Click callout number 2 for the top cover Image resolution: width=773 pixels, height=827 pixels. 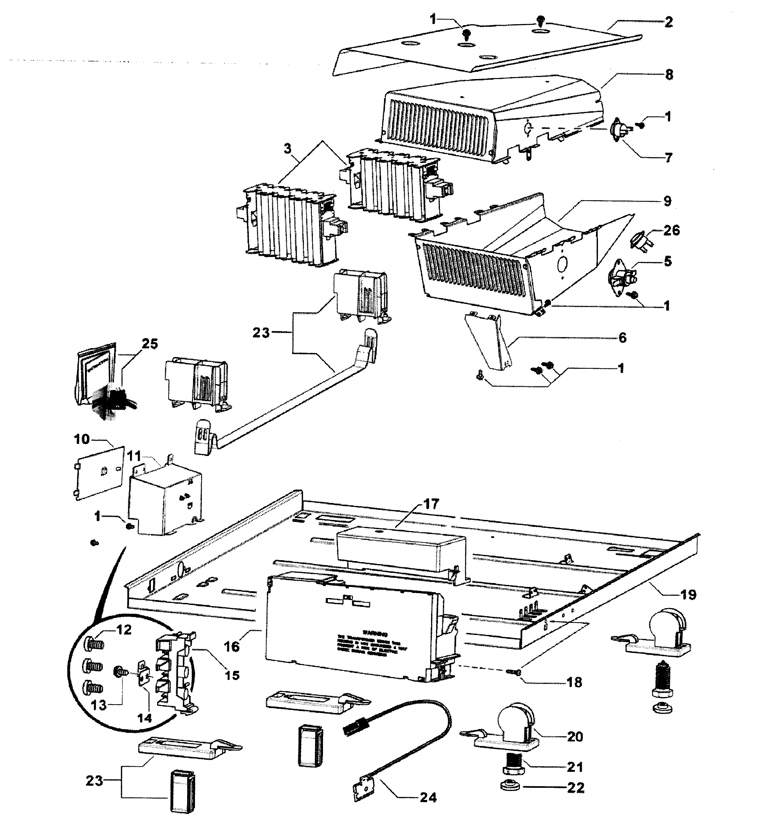[668, 22]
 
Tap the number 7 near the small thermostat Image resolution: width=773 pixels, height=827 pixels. [668, 158]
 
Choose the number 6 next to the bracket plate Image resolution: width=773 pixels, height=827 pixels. [622, 338]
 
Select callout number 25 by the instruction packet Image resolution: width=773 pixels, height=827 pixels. [150, 344]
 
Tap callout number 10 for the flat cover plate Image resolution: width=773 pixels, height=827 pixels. [82, 439]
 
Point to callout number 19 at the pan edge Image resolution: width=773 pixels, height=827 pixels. [688, 595]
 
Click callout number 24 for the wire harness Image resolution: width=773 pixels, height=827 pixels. [428, 798]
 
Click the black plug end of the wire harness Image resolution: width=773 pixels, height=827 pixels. [351, 730]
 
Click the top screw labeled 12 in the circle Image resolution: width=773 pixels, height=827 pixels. [94, 646]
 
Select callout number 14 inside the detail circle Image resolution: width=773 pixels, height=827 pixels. [144, 718]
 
